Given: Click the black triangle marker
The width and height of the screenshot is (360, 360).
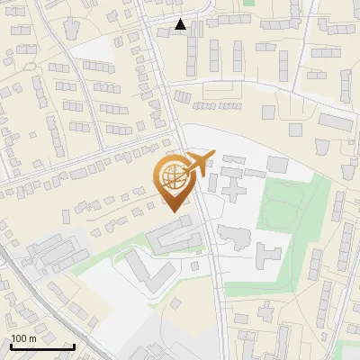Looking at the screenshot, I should click(181, 24).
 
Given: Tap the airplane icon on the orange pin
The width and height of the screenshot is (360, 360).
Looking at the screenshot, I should click(197, 164).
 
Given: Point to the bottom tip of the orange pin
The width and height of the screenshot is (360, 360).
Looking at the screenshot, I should click(173, 211).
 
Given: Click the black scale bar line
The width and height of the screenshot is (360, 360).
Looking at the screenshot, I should click(42, 346).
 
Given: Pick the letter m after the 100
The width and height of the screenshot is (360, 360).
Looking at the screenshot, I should click(33, 339).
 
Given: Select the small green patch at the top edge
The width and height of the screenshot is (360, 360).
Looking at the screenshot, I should click(248, 3).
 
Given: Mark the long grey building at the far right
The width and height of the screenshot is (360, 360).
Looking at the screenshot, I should click(335, 121).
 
